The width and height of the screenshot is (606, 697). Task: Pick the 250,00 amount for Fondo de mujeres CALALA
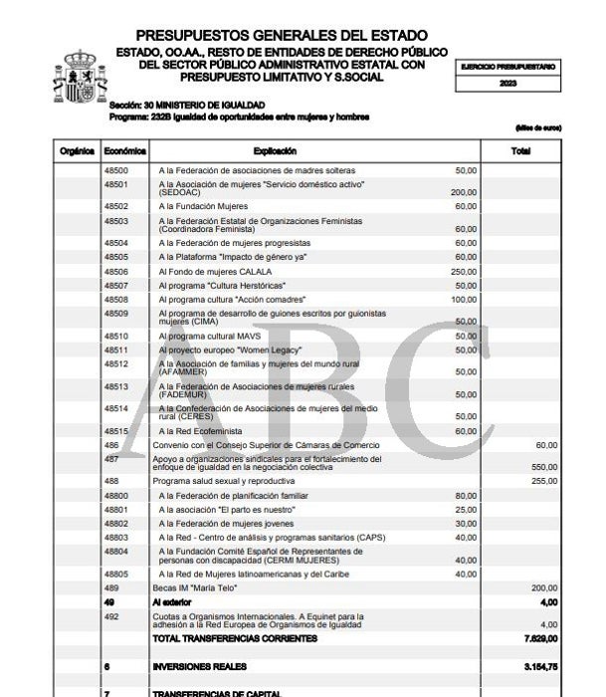click(464, 271)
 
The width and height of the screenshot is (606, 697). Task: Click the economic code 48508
click(116, 299)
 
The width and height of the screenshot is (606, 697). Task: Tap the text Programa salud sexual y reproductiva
click(218, 480)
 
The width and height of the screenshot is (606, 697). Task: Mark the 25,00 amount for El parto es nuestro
click(466, 509)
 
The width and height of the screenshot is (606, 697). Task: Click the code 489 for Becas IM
click(111, 587)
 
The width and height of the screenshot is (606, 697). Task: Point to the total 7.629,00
click(539, 637)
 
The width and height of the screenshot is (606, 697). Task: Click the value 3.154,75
click(539, 666)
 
